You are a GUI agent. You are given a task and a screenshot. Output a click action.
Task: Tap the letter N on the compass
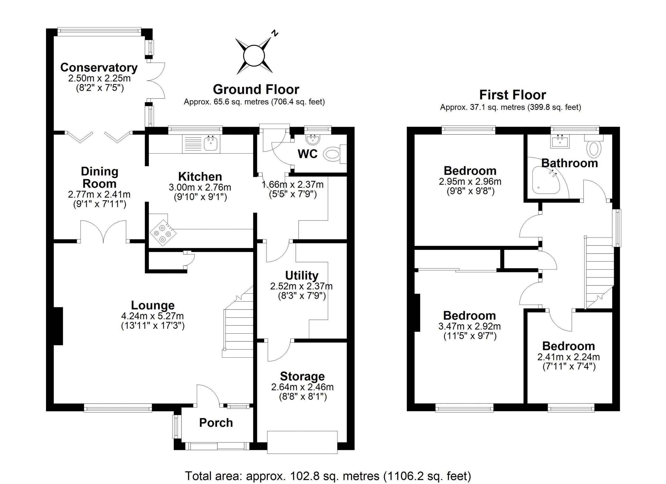point(274,33)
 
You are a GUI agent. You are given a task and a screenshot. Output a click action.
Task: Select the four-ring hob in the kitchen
point(163,233)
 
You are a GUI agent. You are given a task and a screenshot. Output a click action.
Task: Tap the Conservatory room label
point(99,68)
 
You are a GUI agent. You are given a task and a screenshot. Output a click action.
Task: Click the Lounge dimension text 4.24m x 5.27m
point(152,316)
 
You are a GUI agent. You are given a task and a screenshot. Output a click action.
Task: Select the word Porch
point(216,423)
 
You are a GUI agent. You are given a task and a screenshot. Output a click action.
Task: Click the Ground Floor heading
point(256,89)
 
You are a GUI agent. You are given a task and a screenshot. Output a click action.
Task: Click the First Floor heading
point(513,95)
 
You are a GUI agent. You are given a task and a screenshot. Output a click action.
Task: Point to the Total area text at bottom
point(328,476)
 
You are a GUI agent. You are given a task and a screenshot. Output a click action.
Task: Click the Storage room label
point(302,376)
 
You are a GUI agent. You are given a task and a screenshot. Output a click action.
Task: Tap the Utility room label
point(302,275)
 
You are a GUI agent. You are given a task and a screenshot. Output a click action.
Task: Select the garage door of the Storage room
point(302,442)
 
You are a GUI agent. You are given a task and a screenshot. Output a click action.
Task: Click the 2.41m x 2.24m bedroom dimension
point(568,357)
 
